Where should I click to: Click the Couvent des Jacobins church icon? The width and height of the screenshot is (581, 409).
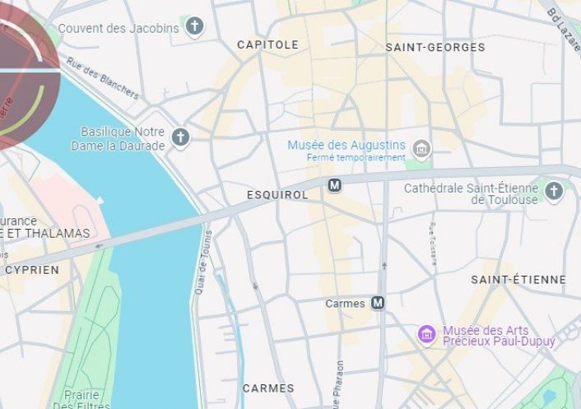coord(194,27)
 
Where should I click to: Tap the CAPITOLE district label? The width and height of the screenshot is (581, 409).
coord(267,44)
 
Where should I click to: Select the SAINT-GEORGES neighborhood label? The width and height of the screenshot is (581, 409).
coord(435,48)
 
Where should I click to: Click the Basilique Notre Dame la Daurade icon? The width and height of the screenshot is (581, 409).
coord(180,137)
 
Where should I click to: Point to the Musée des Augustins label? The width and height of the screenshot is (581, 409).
coord(346,145)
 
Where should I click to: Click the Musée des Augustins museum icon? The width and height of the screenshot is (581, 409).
coord(421,149)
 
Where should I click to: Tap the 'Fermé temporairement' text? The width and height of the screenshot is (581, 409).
coord(356,158)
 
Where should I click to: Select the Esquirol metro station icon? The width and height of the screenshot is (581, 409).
coord(334,185)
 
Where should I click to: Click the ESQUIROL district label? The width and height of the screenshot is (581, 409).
coord(277,195)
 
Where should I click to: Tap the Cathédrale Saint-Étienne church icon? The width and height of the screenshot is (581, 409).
coord(554,192)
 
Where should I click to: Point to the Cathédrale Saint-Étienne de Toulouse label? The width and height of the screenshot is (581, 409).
coord(471,194)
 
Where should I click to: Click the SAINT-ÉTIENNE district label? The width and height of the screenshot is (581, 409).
coord(518,280)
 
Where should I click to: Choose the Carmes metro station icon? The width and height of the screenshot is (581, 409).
coord(378,303)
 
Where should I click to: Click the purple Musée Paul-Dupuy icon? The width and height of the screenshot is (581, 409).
coord(426,334)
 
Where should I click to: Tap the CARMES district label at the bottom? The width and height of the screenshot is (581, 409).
coord(268,388)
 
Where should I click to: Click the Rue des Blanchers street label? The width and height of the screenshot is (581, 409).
coord(103,77)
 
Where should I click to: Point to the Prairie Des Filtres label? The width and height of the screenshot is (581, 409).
coord(81,398)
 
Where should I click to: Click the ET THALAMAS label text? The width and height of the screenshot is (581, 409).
coord(45,234)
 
